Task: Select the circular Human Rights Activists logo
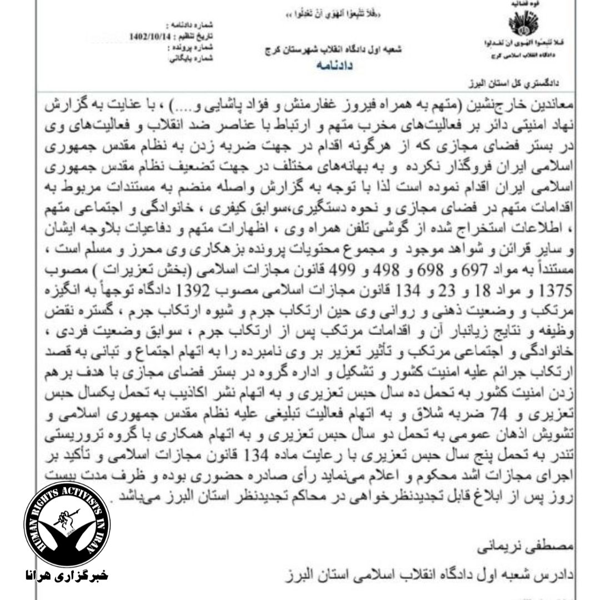pyautogui.click(x=67, y=524)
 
